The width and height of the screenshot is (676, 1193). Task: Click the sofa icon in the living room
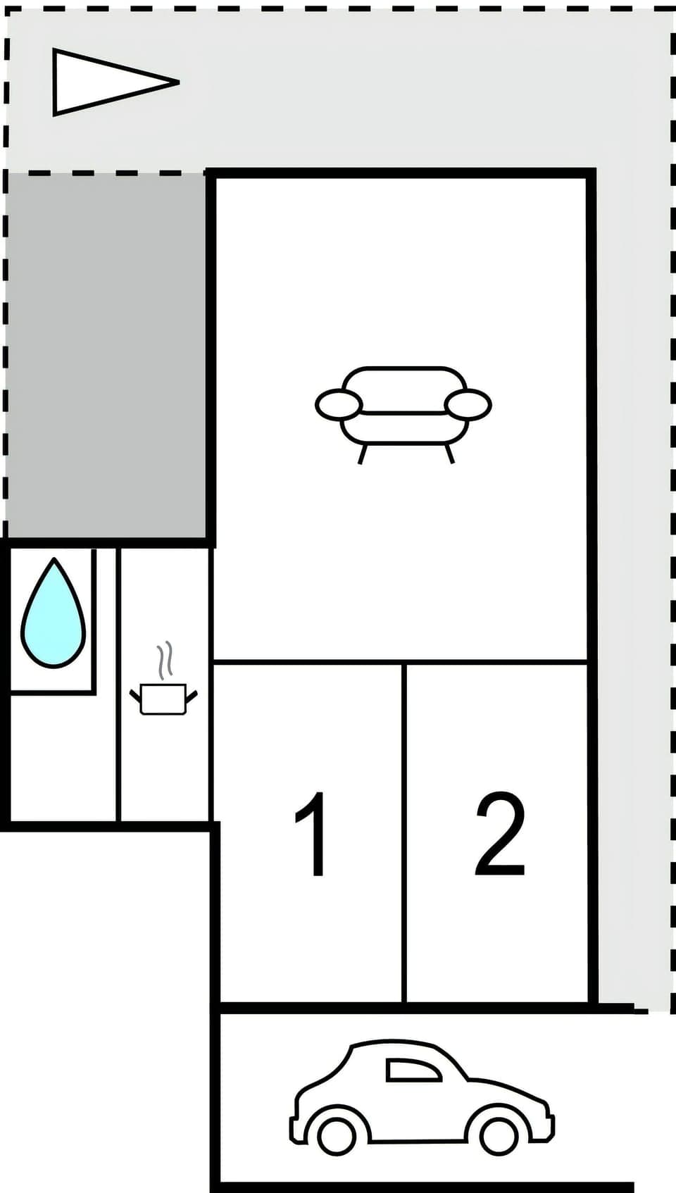click(403, 408)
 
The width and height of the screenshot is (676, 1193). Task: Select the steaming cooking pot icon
click(163, 697)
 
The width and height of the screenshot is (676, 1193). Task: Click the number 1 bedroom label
click(312, 835)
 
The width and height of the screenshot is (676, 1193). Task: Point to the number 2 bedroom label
click(500, 835)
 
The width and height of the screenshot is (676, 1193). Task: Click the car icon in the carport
click(421, 1099)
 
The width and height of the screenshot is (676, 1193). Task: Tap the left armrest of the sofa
click(339, 405)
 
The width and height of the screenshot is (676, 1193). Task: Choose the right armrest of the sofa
click(468, 405)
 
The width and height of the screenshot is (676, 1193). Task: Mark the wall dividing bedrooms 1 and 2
click(405, 831)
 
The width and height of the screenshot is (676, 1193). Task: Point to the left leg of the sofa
click(363, 454)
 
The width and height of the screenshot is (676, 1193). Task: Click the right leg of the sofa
click(449, 454)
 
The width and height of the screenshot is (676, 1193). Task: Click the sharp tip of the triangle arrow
click(177, 82)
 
